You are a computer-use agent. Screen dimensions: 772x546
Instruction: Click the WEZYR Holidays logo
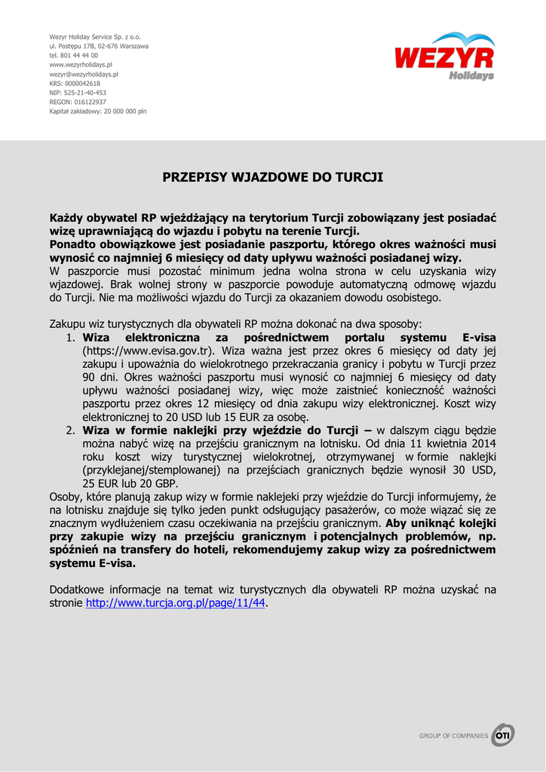444,57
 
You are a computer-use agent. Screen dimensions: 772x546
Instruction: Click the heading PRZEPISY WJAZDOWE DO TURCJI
273,177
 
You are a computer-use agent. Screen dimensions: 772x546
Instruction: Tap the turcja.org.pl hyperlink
176,604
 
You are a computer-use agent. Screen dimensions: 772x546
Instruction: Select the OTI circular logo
502,735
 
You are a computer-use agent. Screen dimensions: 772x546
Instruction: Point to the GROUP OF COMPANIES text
453,736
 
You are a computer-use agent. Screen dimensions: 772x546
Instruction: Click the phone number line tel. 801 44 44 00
73,56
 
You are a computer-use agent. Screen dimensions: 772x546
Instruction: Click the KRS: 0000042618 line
75,84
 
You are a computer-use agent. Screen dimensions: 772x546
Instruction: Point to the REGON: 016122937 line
78,102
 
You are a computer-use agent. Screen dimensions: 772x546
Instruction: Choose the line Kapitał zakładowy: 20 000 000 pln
98,111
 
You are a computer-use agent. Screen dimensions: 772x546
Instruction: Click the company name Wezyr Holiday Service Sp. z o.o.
95,37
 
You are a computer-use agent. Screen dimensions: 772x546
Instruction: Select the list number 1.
69,338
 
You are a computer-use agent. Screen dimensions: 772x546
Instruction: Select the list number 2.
69,430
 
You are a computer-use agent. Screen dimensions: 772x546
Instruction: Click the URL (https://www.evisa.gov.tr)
149,351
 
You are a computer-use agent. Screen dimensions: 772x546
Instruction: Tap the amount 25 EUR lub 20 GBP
130,483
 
